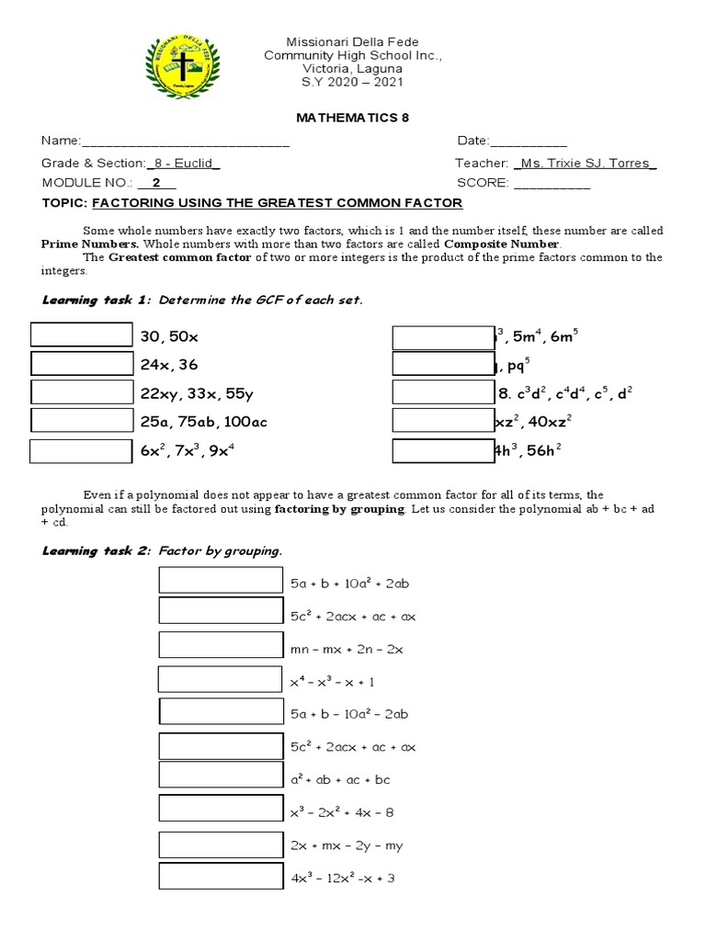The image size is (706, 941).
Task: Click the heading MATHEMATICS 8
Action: pos(352,118)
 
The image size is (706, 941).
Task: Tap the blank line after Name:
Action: pos(186,142)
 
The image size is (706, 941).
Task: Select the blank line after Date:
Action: pos(529,142)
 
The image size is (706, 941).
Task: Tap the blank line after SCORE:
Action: pos(552,183)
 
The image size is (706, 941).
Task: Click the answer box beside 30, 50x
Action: pos(81,335)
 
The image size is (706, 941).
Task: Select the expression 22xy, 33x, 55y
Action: pos(197,393)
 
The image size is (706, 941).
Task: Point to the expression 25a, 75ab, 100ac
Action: pos(203,423)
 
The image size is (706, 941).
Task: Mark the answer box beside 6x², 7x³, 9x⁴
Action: pos(81,451)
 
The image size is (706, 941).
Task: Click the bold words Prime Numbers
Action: pos(89,244)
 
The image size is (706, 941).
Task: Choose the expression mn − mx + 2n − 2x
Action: pos(347,649)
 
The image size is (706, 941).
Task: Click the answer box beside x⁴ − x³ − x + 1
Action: pos(220,679)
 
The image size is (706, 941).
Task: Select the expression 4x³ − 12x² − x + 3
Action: pos(342,879)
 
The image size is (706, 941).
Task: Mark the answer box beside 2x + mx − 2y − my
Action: pos(221,845)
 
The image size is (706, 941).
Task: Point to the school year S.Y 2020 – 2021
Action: pos(352,83)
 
